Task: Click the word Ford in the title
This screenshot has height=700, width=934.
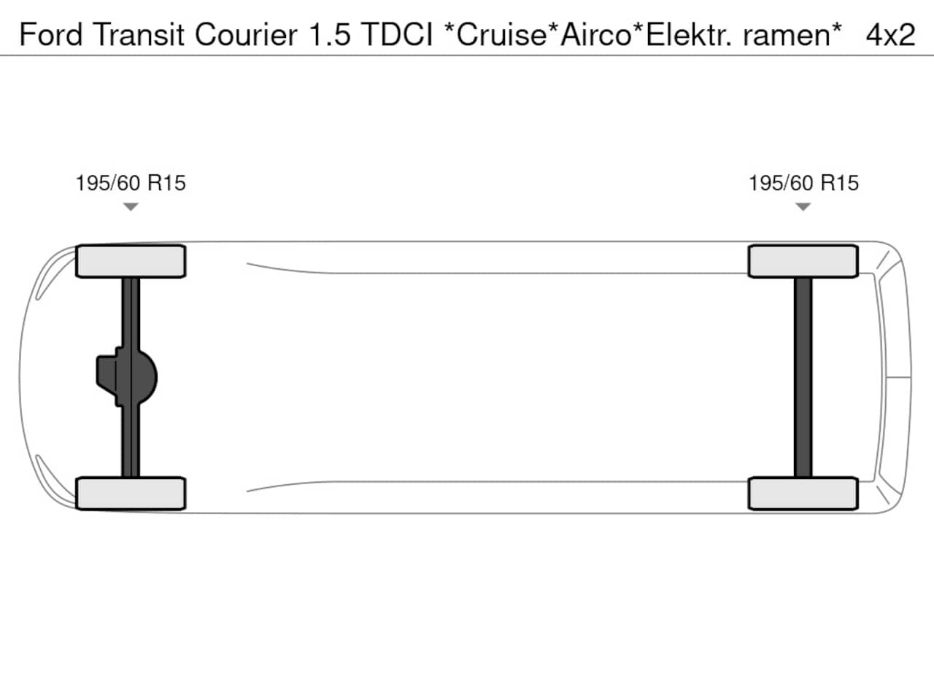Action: coord(50,34)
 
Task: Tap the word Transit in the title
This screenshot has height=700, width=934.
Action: coord(139,34)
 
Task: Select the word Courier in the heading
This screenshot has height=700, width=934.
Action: coord(246,34)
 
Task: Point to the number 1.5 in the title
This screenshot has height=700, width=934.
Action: coord(330,34)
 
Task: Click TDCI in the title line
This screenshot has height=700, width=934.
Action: coord(397,34)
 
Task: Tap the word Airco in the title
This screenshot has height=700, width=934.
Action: coord(596,34)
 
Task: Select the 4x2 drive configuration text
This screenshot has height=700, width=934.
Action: coord(890,34)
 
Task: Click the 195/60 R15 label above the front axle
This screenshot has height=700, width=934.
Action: coord(131,183)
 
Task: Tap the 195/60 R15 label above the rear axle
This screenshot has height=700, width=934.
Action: coord(803,183)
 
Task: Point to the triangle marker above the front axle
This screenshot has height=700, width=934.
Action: coord(131,206)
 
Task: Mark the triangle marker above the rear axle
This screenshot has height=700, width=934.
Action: coord(803,206)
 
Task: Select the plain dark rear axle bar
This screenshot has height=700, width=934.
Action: coord(803,378)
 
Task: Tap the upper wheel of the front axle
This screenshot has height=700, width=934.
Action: coord(131,261)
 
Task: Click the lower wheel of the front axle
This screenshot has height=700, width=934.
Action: coord(131,494)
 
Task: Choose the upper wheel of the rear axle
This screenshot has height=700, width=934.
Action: coord(803,261)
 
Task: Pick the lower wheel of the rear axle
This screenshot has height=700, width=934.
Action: coord(803,494)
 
